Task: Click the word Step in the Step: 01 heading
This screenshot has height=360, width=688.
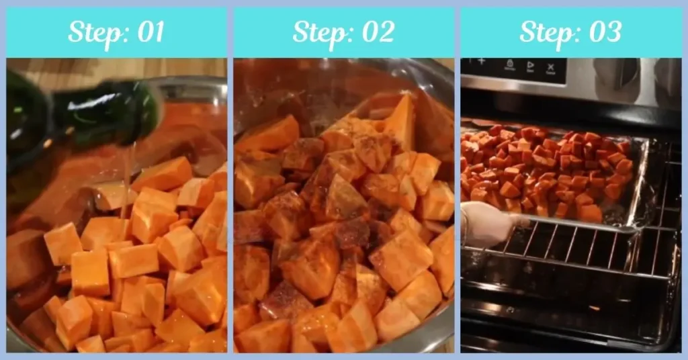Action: click(93, 32)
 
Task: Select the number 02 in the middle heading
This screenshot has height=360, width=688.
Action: click(376, 32)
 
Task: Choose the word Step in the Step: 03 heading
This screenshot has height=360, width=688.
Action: click(548, 32)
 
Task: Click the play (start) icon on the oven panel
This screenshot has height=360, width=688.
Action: click(530, 66)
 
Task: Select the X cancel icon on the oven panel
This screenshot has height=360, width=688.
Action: click(551, 67)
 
